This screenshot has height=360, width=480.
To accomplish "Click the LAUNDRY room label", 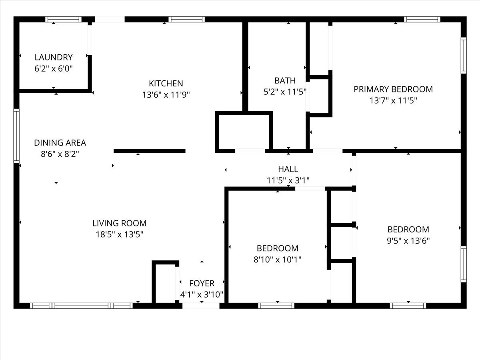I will (x=54, y=57).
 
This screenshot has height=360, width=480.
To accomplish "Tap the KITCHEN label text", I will (x=166, y=84).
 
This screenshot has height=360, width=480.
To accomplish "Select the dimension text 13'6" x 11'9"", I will (x=166, y=95).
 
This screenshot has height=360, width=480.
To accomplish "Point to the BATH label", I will (x=285, y=80).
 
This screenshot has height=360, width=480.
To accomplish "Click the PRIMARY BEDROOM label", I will (x=393, y=89).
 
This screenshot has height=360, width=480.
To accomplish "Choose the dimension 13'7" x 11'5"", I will (x=393, y=100).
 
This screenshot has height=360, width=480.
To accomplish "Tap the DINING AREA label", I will (x=60, y=143).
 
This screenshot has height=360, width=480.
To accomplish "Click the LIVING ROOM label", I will (x=119, y=223).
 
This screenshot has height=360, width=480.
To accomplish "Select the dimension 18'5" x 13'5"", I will (x=119, y=234).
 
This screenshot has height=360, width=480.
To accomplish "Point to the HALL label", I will (x=288, y=169).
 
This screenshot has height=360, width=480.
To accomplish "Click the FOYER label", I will (x=202, y=284).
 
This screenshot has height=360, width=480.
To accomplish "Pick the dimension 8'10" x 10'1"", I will (x=277, y=260).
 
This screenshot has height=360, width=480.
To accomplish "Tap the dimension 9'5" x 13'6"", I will (x=408, y=241).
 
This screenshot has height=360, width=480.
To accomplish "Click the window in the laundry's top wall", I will (x=63, y=19).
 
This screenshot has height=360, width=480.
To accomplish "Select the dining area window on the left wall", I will (x=16, y=136).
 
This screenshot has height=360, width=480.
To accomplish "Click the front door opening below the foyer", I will (x=201, y=306).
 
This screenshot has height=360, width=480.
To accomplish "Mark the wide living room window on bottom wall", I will (x=82, y=306).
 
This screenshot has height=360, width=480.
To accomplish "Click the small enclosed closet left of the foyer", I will (x=165, y=283).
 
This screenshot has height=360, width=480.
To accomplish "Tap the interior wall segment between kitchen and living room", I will (x=149, y=151).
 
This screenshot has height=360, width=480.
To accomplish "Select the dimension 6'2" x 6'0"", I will (x=54, y=68).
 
